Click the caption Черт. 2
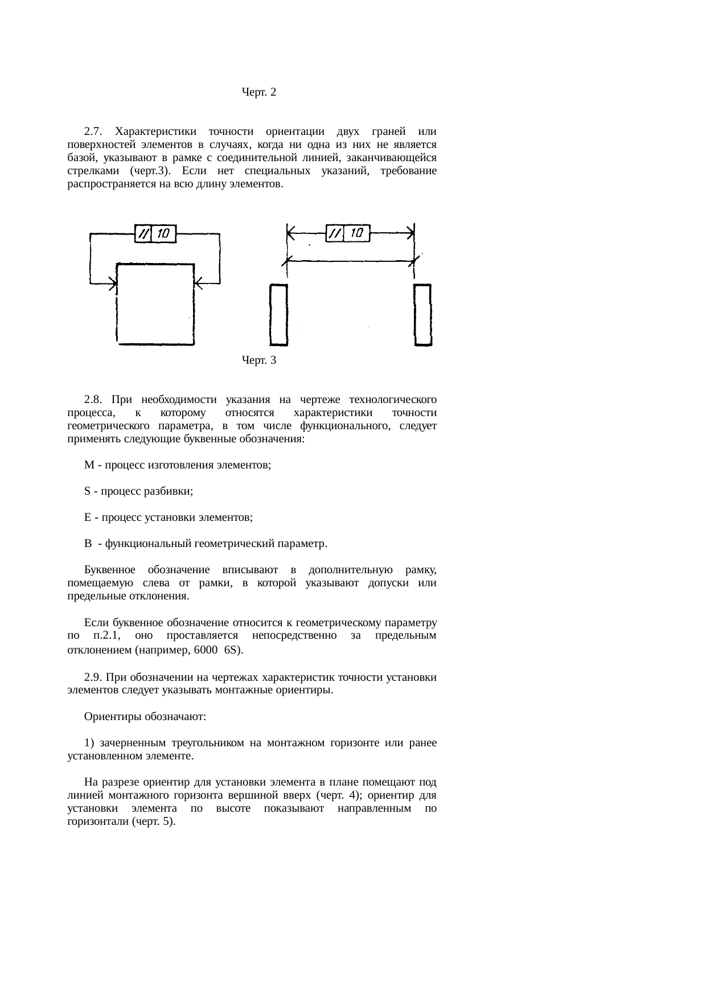(x=259, y=92)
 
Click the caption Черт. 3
(x=259, y=360)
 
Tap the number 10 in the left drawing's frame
(x=163, y=233)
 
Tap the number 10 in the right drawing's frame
(x=356, y=233)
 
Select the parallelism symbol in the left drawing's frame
(x=143, y=233)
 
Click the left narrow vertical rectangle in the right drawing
(x=278, y=315)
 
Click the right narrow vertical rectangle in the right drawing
(x=422, y=315)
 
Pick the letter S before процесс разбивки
(x=87, y=492)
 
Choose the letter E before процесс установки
(x=87, y=518)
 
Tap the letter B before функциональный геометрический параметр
(x=88, y=544)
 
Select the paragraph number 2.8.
(x=92, y=398)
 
